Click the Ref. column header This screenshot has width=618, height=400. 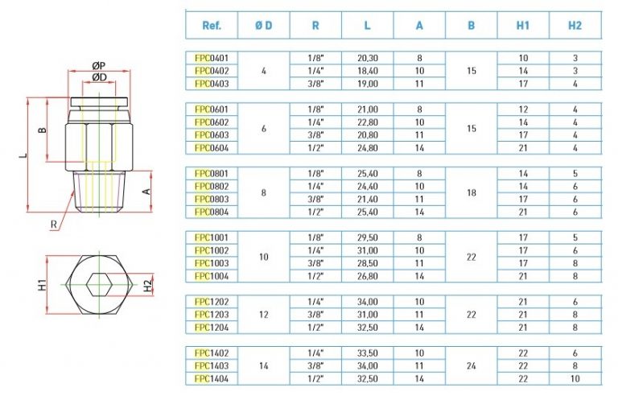click(212, 26)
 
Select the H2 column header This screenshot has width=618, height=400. click(575, 26)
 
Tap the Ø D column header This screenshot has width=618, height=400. click(264, 26)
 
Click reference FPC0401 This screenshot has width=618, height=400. click(212, 58)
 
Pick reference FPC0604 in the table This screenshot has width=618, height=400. click(212, 148)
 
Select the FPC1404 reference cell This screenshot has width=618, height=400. click(212, 379)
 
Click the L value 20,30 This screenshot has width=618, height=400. click(368, 58)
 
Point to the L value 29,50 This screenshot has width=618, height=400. click(368, 237)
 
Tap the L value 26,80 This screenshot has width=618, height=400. click(368, 276)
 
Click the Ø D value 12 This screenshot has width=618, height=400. click(264, 315)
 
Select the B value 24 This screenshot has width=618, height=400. click(472, 365)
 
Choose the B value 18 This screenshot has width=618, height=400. click(472, 192)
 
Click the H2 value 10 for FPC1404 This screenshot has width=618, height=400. click(575, 379)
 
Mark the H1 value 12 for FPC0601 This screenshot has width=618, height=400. click(523, 109)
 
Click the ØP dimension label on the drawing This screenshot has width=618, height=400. click(99, 65)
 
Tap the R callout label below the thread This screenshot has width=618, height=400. click(54, 225)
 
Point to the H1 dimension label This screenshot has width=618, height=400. click(42, 285)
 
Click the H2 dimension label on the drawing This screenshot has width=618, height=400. click(147, 286)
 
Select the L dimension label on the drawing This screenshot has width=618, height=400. click(23, 155)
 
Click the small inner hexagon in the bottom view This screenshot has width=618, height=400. click(99, 285)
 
